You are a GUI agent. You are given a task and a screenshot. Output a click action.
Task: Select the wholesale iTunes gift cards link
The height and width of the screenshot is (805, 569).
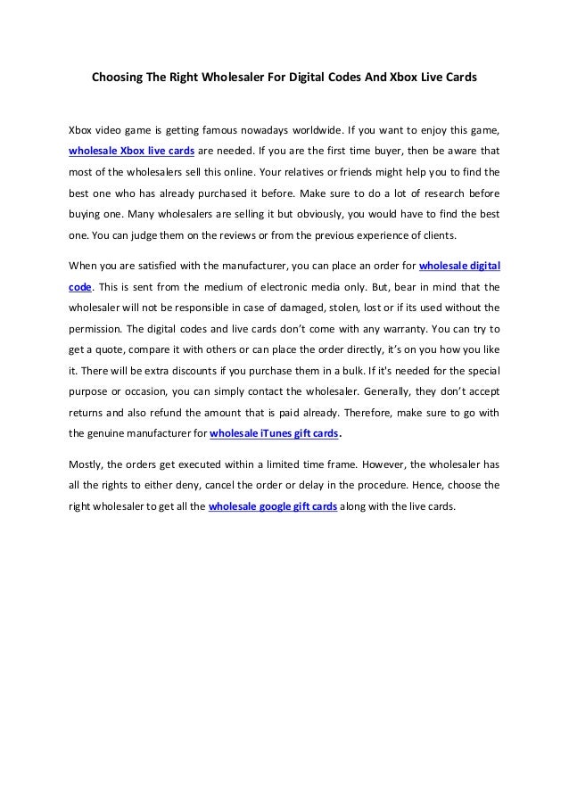click(274, 435)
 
